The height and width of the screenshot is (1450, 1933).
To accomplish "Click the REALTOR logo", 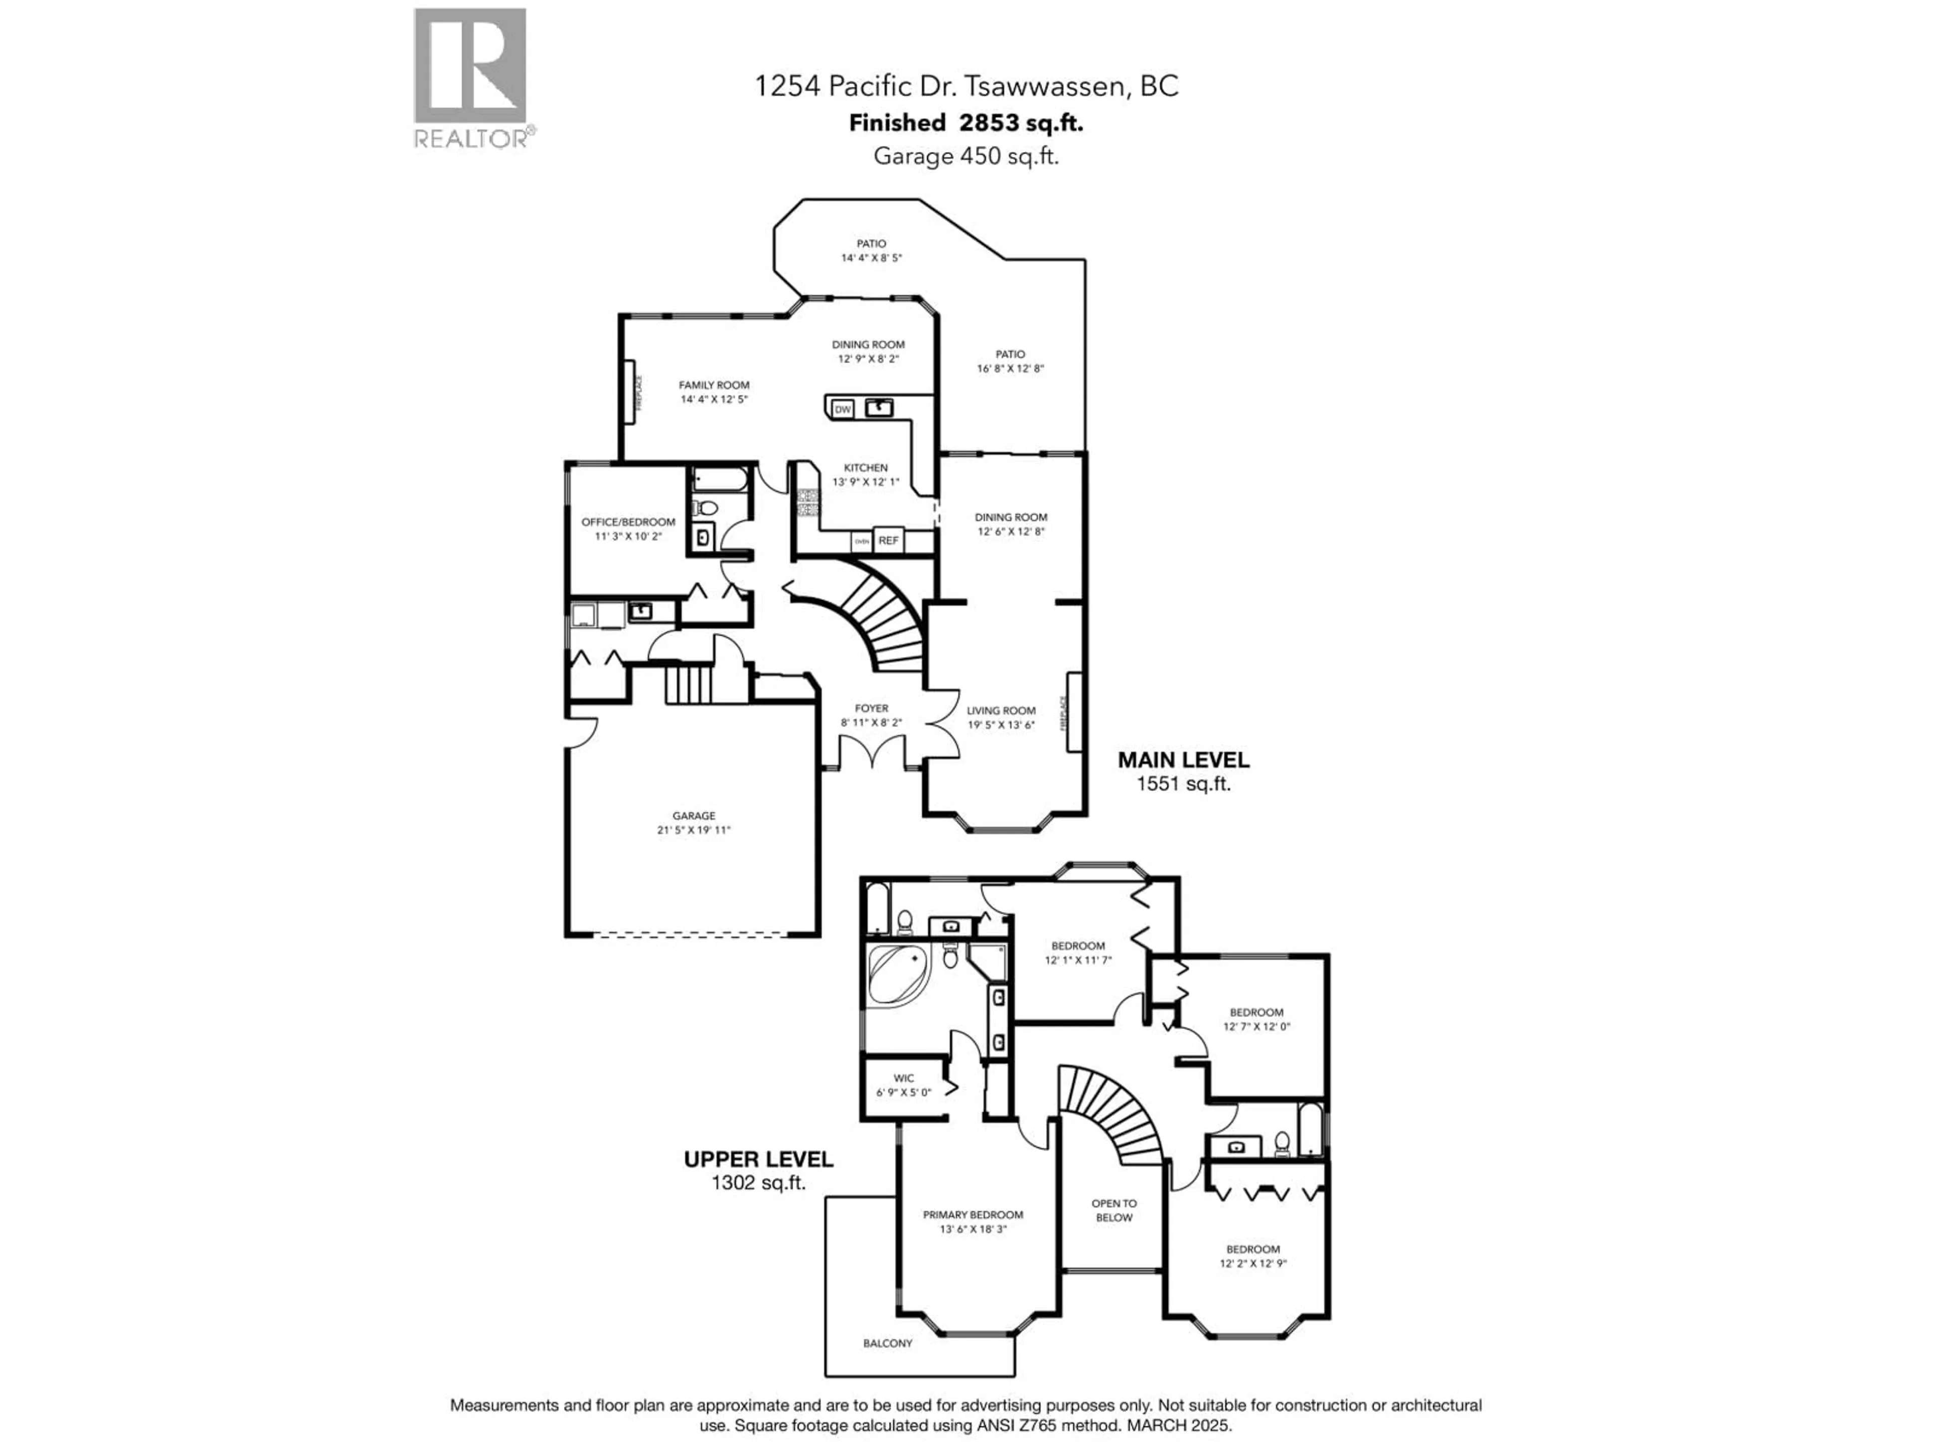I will pyautogui.click(x=470, y=77).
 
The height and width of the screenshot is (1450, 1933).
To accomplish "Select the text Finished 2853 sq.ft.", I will pyautogui.click(x=965, y=123).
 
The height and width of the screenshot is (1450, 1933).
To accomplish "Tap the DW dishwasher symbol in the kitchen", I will pyautogui.click(x=842, y=409).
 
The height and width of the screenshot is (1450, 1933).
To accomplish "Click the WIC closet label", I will pyautogui.click(x=904, y=1084).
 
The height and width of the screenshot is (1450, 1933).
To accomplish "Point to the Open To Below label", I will pyautogui.click(x=1113, y=1210).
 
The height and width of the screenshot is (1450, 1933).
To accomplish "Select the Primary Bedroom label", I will pyautogui.click(x=973, y=1221).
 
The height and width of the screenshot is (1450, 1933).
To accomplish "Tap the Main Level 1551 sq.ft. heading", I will pyautogui.click(x=1183, y=771).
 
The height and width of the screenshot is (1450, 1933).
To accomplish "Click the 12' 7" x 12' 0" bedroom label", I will pyautogui.click(x=1256, y=1019).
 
